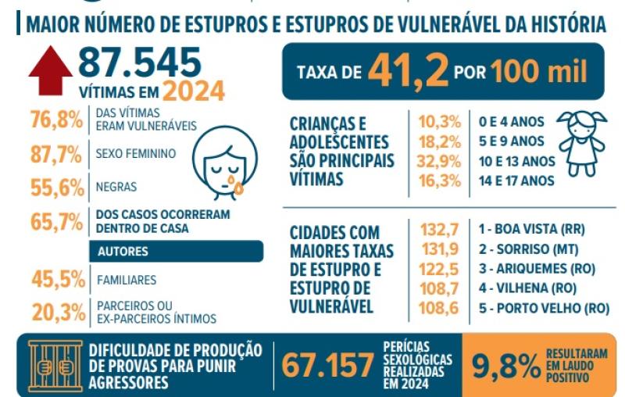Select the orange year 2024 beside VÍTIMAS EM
193,91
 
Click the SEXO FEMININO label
135,154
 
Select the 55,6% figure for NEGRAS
56,187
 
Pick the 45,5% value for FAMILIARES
56,279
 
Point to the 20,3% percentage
56,312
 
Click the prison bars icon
55,365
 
